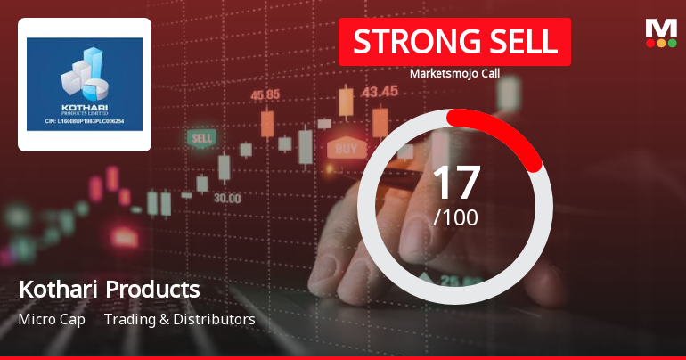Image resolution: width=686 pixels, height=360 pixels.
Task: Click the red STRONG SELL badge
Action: coord(454,42)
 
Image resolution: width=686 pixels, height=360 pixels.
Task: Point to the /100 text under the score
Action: coord(455,217)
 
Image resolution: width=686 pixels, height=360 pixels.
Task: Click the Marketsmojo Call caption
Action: coord(454,74)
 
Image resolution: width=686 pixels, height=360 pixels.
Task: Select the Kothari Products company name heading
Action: coord(109,290)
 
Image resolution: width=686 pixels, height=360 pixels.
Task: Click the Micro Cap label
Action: coord(52,319)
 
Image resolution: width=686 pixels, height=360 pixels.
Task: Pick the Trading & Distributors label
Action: coord(180,319)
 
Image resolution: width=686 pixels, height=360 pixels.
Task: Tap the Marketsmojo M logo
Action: coord(660,29)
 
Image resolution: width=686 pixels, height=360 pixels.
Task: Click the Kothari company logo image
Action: coord(85,85)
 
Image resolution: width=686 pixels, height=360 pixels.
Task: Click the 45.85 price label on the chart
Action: coord(265,94)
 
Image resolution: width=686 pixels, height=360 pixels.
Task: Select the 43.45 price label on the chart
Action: coord(380,91)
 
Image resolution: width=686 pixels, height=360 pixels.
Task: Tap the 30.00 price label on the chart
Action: coord(226,198)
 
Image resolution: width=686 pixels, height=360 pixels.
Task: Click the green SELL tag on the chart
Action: coord(202,139)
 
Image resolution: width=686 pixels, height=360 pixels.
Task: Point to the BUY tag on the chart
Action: coord(347,148)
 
